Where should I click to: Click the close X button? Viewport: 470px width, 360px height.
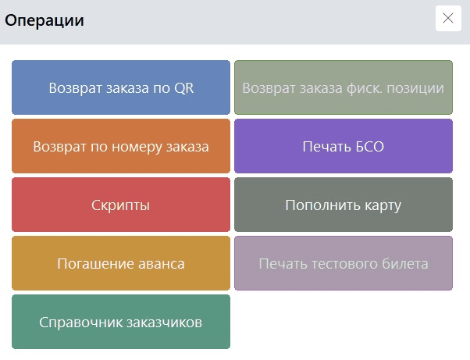(448, 18)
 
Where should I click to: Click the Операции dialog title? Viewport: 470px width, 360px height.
(45, 20)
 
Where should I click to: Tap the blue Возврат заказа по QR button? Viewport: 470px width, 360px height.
(121, 87)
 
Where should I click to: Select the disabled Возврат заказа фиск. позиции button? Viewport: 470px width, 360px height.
(344, 87)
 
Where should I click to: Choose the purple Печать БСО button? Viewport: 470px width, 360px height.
(344, 146)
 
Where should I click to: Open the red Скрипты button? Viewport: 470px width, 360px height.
(121, 205)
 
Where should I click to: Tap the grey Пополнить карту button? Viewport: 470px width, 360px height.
(344, 205)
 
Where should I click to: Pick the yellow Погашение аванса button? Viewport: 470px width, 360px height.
(121, 263)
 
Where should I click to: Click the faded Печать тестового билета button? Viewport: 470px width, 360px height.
(344, 263)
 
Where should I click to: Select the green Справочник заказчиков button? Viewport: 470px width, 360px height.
(121, 322)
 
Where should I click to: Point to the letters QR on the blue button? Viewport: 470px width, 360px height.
(183, 88)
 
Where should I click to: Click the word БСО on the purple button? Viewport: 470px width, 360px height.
(369, 147)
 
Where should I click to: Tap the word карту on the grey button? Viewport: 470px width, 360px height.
(383, 206)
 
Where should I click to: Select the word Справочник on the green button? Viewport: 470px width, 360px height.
(81, 323)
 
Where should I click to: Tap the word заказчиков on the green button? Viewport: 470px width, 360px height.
(164, 323)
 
